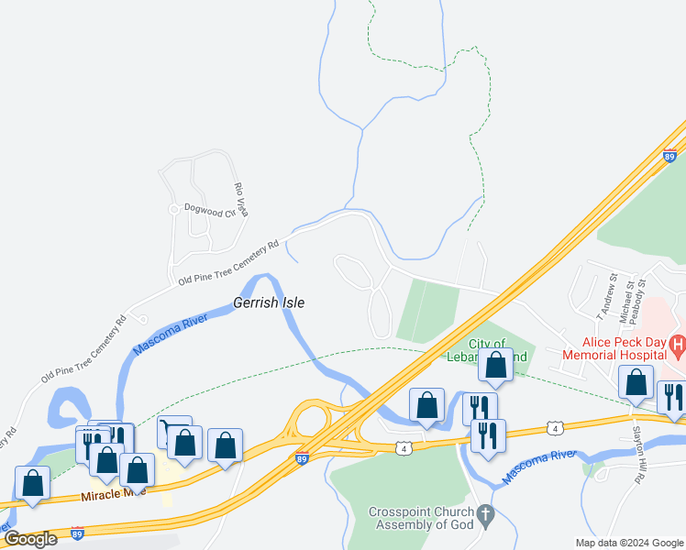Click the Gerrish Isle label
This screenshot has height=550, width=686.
(x=268, y=302)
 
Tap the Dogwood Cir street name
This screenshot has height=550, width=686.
(x=210, y=209)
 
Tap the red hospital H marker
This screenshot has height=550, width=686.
(x=678, y=346)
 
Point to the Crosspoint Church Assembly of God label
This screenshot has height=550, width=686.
(x=423, y=518)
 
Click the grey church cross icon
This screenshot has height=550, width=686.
(x=486, y=517)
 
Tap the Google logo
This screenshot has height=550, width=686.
(x=30, y=539)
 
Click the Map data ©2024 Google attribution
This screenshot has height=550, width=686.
(x=630, y=543)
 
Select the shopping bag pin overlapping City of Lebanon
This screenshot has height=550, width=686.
(x=495, y=365)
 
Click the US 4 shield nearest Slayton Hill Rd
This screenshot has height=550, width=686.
(x=554, y=428)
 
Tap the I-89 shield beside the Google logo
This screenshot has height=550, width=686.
(x=77, y=533)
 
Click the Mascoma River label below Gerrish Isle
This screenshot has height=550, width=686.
(x=171, y=335)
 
